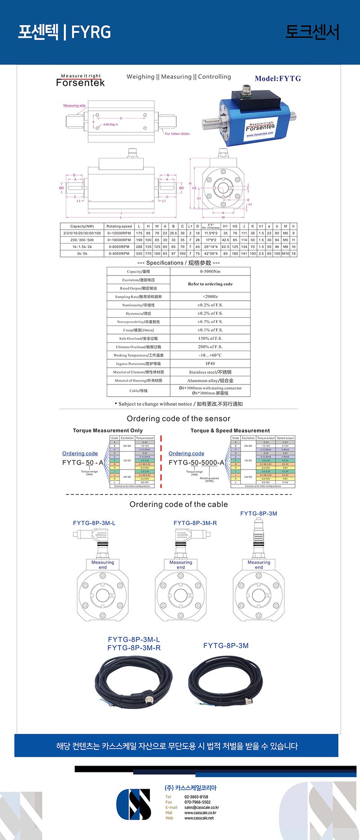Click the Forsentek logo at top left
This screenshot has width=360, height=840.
[x=80, y=81]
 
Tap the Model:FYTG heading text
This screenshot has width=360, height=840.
[x=278, y=78]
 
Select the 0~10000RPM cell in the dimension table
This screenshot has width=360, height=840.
[x=119, y=240]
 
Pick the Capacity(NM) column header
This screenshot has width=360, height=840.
[x=82, y=226]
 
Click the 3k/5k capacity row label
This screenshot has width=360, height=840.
[x=82, y=253]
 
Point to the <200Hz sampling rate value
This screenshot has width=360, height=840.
[x=210, y=297]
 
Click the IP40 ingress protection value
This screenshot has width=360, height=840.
[x=210, y=363]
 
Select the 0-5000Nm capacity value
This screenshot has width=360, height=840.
[x=210, y=271]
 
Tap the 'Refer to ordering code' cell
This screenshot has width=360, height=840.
[x=210, y=284]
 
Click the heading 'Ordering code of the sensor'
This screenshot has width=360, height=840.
[x=179, y=419]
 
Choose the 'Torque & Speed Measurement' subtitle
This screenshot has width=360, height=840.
[x=230, y=431]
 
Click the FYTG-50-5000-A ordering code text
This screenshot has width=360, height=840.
[x=196, y=462]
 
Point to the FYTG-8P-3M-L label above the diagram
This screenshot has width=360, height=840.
[x=94, y=523]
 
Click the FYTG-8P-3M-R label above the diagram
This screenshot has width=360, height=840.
[x=195, y=523]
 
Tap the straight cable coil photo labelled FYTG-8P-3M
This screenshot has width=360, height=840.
[x=225, y=682]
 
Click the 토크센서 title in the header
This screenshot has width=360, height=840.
[x=312, y=32]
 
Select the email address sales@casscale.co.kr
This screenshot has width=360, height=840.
[x=202, y=808]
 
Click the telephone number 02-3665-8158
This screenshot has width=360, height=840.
[x=196, y=797]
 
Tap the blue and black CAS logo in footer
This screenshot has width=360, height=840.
[x=134, y=804]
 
